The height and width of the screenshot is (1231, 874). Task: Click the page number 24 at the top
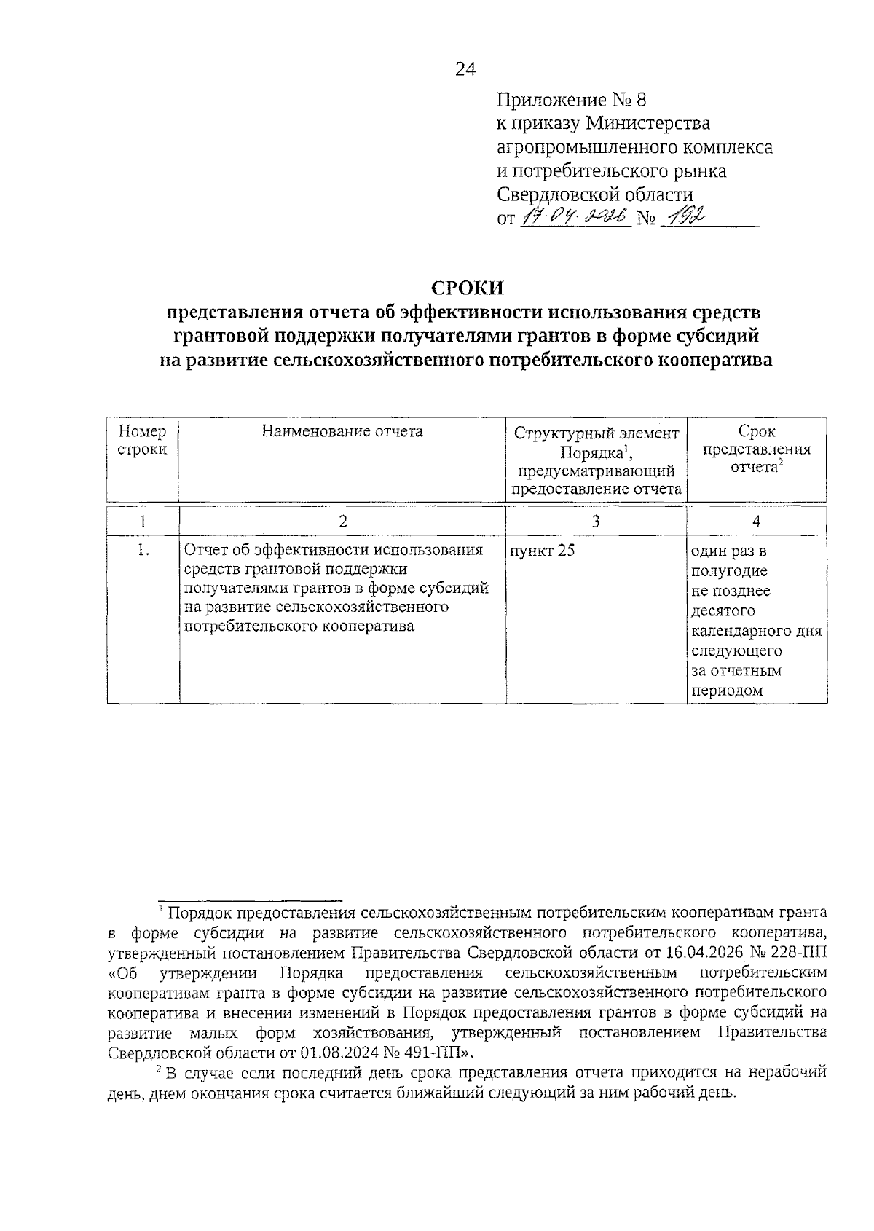coord(465,69)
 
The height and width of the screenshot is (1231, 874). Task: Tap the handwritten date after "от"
coord(575,217)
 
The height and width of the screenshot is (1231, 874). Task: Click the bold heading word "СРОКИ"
coord(467,288)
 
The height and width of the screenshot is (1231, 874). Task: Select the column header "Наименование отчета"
coord(342,431)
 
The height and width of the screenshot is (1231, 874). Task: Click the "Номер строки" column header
coord(142,440)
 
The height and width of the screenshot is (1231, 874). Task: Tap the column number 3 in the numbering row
coord(596,521)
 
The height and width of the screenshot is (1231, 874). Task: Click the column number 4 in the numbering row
coord(757,521)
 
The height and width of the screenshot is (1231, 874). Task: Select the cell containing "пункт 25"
coord(543,551)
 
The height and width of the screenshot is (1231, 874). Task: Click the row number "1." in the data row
coord(143,551)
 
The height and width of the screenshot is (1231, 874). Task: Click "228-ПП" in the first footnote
coord(806,953)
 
